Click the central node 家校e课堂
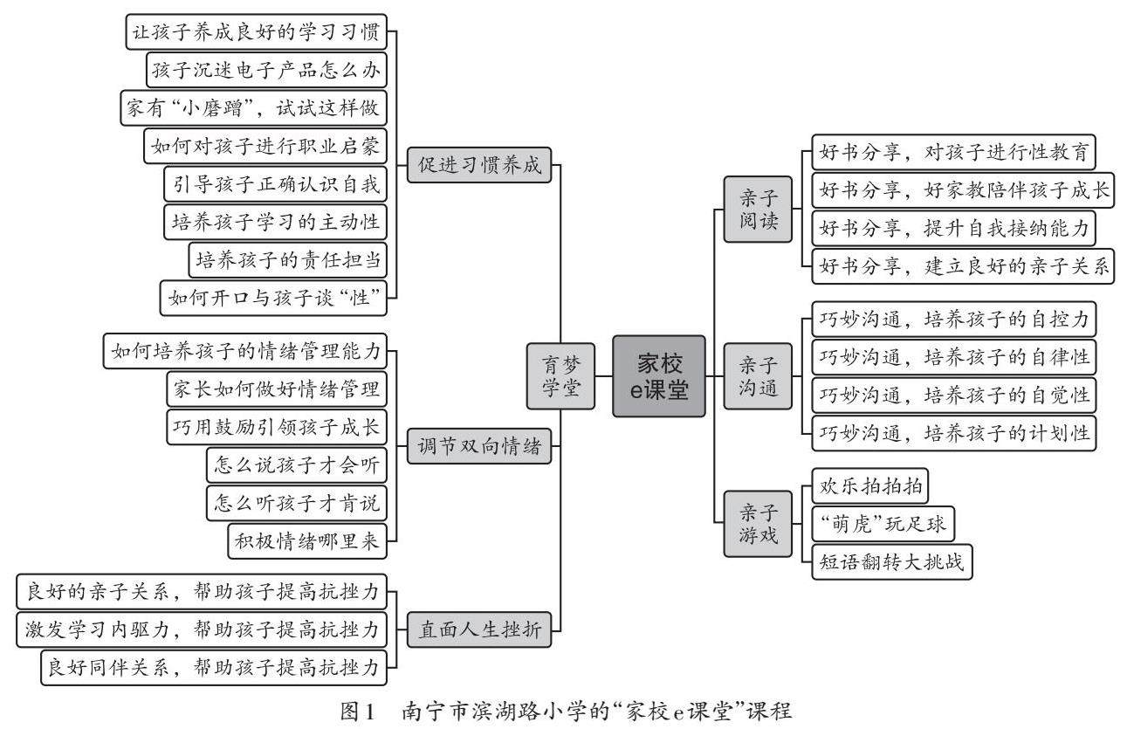click(x=659, y=376)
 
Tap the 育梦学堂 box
click(x=560, y=376)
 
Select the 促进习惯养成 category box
click(x=479, y=166)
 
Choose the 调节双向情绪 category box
click(x=479, y=449)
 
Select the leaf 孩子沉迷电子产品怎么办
click(x=265, y=67)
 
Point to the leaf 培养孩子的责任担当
click(x=287, y=259)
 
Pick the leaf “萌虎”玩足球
click(x=883, y=524)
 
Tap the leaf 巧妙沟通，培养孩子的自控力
click(x=953, y=320)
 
